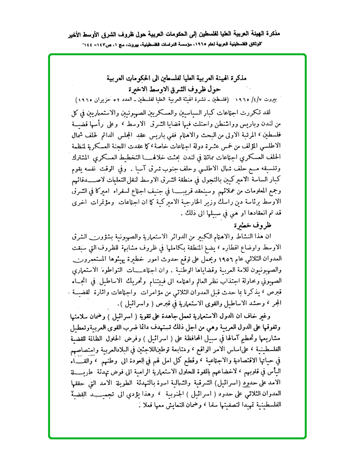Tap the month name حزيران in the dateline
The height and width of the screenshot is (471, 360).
tap(106, 98)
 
